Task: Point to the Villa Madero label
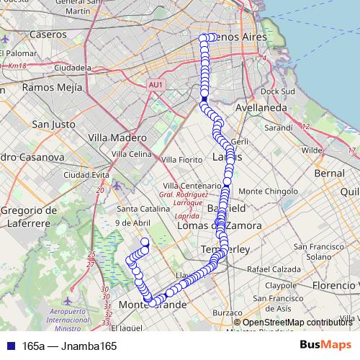tap(117, 138)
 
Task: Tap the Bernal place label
tap(330, 174)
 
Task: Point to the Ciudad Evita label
tap(86, 175)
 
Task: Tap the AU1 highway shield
tap(156, 85)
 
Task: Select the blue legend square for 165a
tap(9, 346)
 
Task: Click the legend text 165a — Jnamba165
tap(69, 346)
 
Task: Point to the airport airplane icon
tap(68, 300)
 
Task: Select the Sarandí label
tap(279, 127)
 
